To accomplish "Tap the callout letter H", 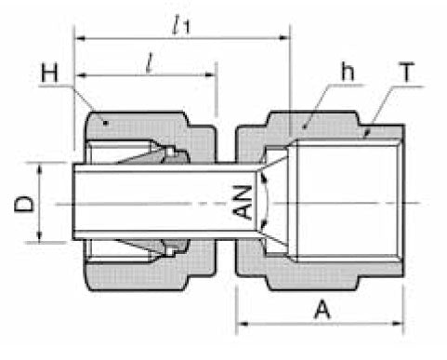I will (x=50, y=71).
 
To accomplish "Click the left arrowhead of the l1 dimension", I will (x=78, y=39).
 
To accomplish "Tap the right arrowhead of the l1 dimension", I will (x=286, y=39).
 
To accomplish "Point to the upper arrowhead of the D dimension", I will (x=38, y=167).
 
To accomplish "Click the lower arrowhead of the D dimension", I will (x=38, y=237).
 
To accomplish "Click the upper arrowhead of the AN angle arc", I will (x=264, y=173).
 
